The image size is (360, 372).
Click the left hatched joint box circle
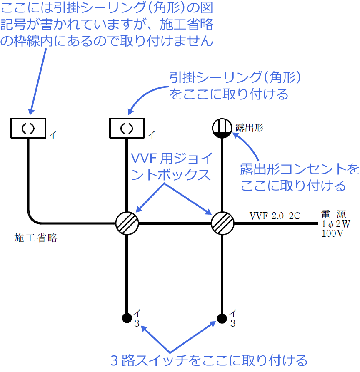[127, 223]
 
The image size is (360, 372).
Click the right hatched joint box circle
[222, 223]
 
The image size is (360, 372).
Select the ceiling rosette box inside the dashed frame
[28, 128]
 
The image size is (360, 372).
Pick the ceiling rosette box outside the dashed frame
[127, 128]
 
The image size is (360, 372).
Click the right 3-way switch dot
[222, 318]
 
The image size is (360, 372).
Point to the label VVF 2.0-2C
[275, 216]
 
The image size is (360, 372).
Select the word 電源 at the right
[333, 215]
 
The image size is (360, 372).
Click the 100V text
[332, 233]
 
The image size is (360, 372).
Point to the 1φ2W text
[336, 224]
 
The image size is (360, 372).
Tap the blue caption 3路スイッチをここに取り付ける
[208, 360]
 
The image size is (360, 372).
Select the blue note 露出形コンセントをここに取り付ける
[299, 177]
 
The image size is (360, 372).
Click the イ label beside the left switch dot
[137, 312]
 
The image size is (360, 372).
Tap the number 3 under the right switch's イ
[233, 324]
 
